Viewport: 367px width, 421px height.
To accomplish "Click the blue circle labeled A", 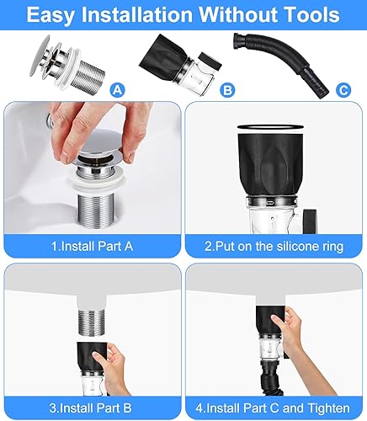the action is (117, 90).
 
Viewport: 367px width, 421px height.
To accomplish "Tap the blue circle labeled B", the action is (227, 90).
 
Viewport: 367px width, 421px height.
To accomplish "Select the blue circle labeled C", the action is (343, 90).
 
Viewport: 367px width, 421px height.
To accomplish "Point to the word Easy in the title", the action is (51, 15).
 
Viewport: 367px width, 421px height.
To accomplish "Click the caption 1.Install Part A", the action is (92, 246).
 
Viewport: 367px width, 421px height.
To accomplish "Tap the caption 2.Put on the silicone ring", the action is (274, 246).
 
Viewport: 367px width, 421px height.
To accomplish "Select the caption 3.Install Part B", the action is (91, 408).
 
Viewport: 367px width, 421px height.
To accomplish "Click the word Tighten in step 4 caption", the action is (328, 408).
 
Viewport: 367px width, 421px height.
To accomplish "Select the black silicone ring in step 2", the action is (270, 127).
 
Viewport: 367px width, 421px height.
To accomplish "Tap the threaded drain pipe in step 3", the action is (91, 322).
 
